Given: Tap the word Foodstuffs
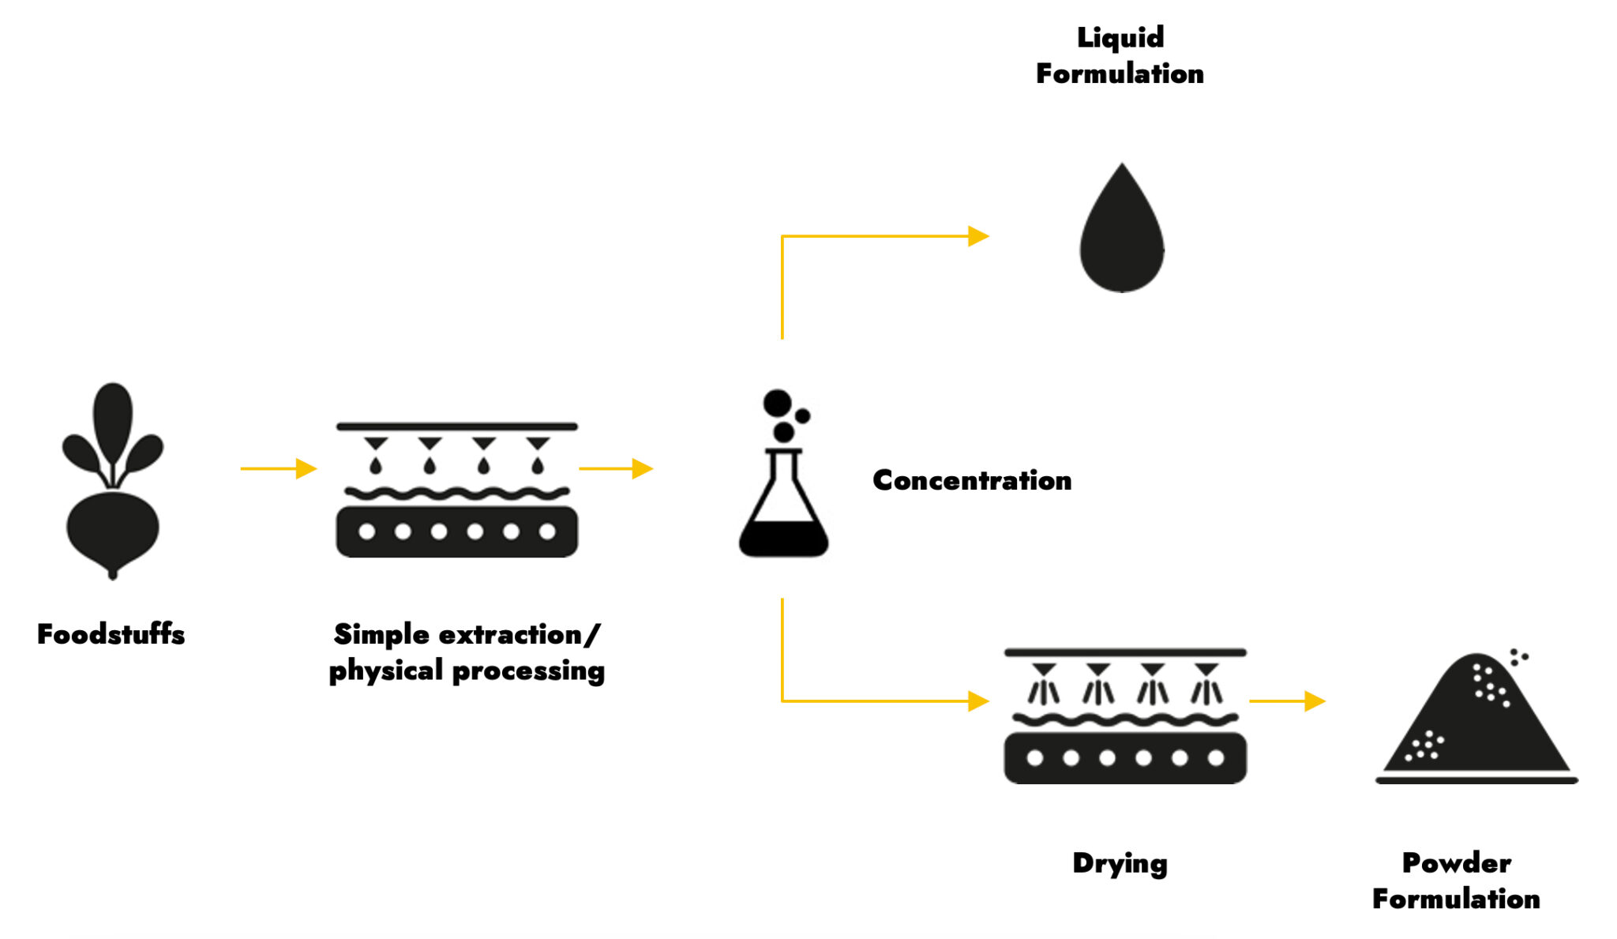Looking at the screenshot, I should tap(111, 634).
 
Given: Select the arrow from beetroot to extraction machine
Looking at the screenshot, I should tap(278, 468).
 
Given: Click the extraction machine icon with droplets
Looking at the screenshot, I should tap(456, 491).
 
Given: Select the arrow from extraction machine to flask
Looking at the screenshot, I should tap(616, 468).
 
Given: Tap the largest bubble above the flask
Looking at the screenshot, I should tap(777, 404).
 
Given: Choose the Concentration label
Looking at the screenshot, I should tap(972, 480).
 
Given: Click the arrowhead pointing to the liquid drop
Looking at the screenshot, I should tap(978, 236).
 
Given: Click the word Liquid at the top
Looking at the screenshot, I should tap(1120, 37).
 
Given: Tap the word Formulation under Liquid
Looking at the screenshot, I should tap(1120, 73).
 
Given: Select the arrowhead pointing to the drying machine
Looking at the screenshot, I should tap(978, 700).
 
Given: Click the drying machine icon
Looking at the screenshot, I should tap(1124, 717).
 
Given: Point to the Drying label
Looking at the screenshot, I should tap(1120, 863).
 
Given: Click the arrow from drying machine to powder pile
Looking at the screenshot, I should tap(1287, 700).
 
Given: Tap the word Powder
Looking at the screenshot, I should tap(1456, 862).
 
